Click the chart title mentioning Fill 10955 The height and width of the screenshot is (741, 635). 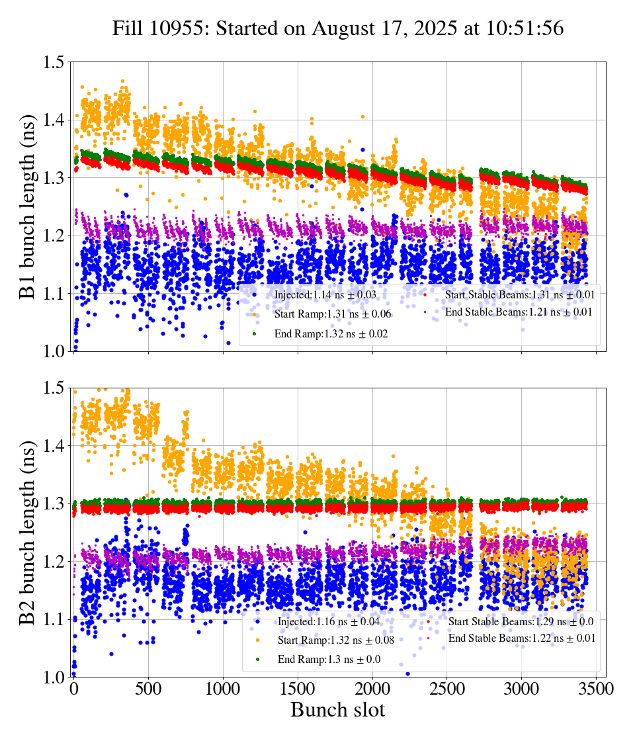click(337, 28)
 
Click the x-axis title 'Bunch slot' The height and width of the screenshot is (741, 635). click(337, 711)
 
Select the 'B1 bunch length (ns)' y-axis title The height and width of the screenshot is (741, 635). click(28, 206)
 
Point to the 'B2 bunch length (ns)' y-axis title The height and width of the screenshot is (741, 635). click(28, 533)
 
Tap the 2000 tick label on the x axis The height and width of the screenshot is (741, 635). click(372, 689)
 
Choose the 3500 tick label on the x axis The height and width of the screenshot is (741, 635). click(596, 689)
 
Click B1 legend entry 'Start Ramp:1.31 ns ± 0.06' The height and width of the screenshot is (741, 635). click(323, 314)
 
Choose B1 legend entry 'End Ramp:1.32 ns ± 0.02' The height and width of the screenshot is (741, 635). click(321, 334)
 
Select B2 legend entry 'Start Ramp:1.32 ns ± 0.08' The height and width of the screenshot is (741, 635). click(327, 640)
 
